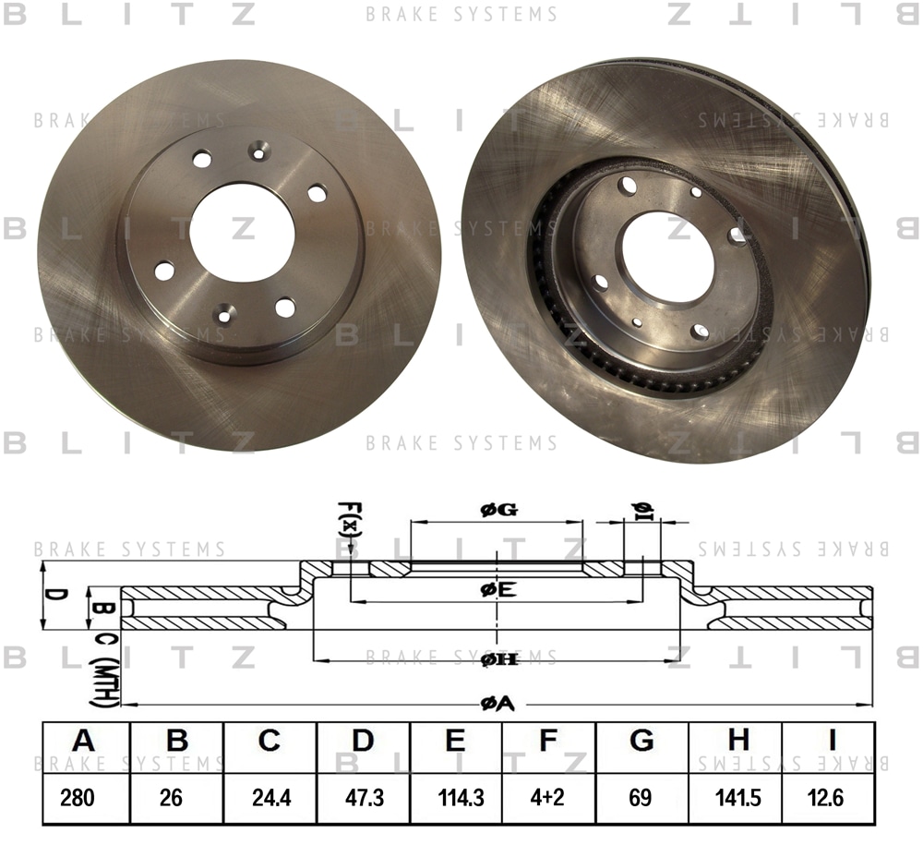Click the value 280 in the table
pos(78,798)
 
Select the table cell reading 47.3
pos(365,798)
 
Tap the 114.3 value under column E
pos(461,798)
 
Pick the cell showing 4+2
pos(546,798)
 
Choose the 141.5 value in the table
pos(738,798)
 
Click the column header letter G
pos(641,741)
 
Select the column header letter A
pos(83,741)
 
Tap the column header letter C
pos(269,741)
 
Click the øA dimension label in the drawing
pos(497,703)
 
